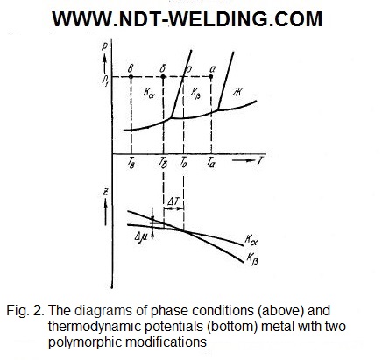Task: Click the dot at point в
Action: (131, 77)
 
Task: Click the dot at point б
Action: (163, 77)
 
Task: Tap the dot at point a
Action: (211, 77)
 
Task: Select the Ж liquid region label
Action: (237, 92)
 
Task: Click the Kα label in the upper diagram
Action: (149, 93)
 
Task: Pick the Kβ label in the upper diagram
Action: (195, 94)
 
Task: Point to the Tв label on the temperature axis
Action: (131, 163)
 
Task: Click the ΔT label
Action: (173, 201)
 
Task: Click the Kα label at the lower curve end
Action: (251, 240)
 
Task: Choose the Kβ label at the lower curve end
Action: (252, 258)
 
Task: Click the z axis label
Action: (106, 192)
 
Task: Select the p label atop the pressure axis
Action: (105, 46)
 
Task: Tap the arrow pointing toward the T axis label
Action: (244, 160)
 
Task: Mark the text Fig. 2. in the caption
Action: (25, 311)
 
